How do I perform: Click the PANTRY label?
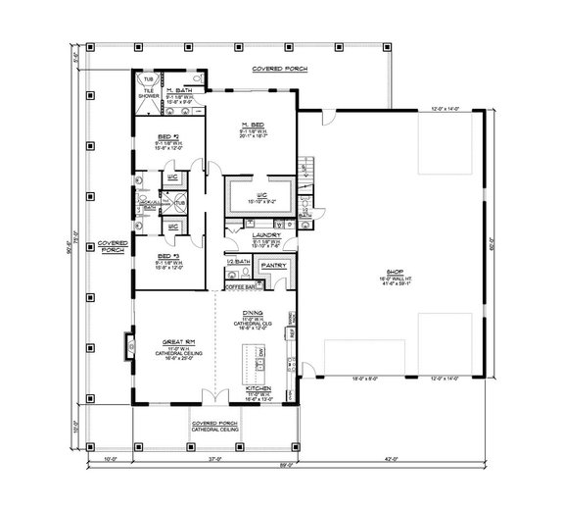click(x=273, y=265)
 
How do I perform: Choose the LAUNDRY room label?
click(x=265, y=235)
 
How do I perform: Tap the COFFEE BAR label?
click(x=240, y=287)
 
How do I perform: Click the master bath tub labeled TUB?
click(x=150, y=78)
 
